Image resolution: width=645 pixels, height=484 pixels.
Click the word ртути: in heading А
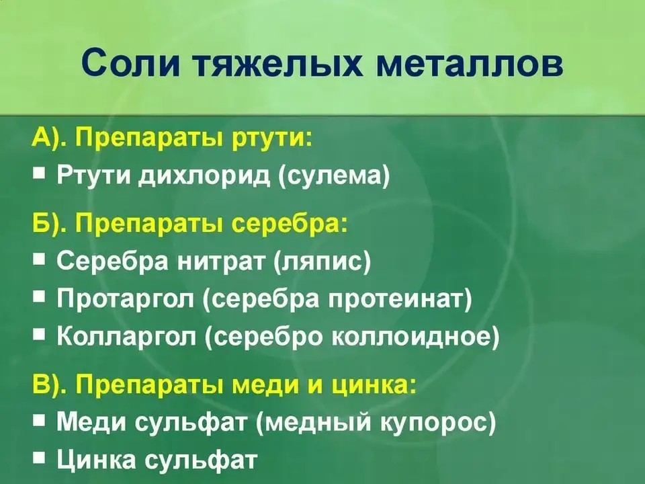(x=272, y=137)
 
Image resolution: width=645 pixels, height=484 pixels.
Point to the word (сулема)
(x=334, y=175)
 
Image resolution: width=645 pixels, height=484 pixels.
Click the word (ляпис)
(x=322, y=261)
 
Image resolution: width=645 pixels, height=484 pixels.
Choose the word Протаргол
(x=126, y=299)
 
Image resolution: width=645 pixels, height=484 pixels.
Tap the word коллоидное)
(x=415, y=337)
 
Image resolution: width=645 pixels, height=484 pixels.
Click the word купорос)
(x=437, y=423)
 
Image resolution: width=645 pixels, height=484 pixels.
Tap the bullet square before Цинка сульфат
(x=39, y=457)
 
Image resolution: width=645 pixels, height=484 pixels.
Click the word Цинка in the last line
(x=96, y=460)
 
